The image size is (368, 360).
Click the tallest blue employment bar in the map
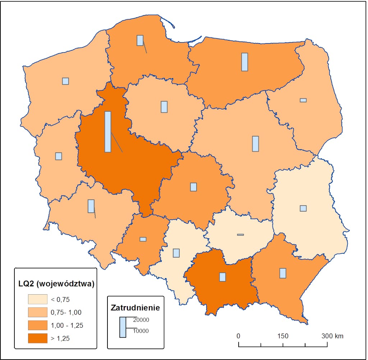pyautogui.click(x=108, y=132)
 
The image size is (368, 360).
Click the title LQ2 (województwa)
pyautogui.click(x=56, y=284)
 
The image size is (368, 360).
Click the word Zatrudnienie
pyautogui.click(x=135, y=308)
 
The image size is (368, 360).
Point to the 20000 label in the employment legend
pyautogui.click(x=141, y=319)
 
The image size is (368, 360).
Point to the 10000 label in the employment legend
pyautogui.click(x=141, y=331)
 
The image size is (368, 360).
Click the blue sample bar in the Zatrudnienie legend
pyautogui.click(x=123, y=327)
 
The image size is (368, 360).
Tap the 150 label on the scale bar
pyautogui.click(x=283, y=336)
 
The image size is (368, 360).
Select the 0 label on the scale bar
pyautogui.click(x=238, y=336)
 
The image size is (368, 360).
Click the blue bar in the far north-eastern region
pyautogui.click(x=303, y=100)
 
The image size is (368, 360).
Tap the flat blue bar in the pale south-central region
pyautogui.click(x=240, y=235)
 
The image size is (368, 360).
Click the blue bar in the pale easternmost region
pyautogui.click(x=303, y=208)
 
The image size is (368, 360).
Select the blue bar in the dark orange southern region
pyautogui.click(x=222, y=277)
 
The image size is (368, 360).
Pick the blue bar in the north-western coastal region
pyautogui.click(x=65, y=81)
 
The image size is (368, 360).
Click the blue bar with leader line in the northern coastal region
pyautogui.click(x=140, y=40)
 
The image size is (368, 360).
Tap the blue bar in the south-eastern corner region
pyautogui.click(x=283, y=273)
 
